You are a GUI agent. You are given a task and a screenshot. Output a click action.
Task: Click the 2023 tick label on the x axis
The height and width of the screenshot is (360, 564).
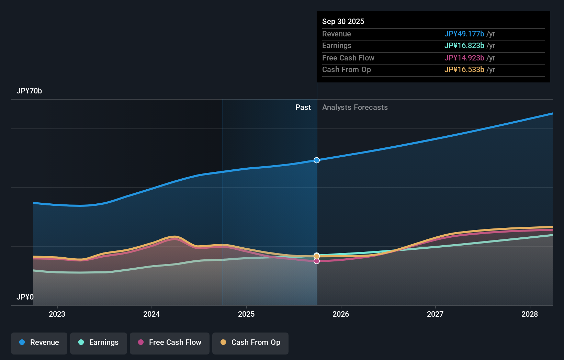[x=57, y=314]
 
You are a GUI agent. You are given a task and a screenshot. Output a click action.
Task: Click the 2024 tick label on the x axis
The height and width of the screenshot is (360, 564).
[x=151, y=314]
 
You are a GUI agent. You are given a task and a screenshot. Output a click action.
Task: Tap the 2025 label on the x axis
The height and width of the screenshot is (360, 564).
[x=246, y=314]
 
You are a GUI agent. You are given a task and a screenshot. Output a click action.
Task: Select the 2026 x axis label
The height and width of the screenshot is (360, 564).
[x=341, y=314]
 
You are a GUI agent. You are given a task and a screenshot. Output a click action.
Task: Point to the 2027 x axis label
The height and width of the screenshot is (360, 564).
[x=435, y=314]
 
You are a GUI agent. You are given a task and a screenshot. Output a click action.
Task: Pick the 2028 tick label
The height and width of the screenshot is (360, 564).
[x=530, y=314]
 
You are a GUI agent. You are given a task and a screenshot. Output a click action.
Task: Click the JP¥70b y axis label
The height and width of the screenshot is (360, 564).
[x=29, y=91]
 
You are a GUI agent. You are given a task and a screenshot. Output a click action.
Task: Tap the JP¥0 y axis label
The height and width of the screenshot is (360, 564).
[x=25, y=297]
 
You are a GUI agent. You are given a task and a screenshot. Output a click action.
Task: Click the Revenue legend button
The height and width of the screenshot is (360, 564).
[x=39, y=342]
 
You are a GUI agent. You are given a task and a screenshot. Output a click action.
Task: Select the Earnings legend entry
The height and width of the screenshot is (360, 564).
[x=99, y=342]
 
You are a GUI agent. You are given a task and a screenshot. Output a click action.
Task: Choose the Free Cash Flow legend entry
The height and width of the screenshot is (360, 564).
[x=170, y=342]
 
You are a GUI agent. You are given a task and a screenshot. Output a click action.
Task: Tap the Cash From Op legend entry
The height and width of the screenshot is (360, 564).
[x=250, y=342]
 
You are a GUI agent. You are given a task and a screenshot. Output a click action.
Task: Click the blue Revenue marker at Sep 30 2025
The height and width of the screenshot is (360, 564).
[x=317, y=160]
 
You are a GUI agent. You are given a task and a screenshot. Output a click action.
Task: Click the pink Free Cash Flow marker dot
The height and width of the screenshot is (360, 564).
[x=317, y=261]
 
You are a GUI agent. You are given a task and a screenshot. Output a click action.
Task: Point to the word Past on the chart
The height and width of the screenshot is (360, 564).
[x=303, y=108]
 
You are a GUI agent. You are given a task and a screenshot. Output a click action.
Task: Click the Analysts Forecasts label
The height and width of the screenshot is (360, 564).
[x=355, y=108]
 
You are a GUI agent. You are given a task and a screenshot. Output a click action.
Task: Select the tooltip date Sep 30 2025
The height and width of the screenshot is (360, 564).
[x=343, y=21]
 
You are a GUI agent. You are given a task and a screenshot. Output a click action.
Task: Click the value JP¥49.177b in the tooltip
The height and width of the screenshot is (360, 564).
[x=464, y=34]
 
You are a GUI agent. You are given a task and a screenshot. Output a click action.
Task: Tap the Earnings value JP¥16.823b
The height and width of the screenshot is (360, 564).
[x=464, y=46]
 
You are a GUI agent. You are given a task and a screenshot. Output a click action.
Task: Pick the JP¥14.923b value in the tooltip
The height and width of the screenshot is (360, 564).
[x=464, y=58]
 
